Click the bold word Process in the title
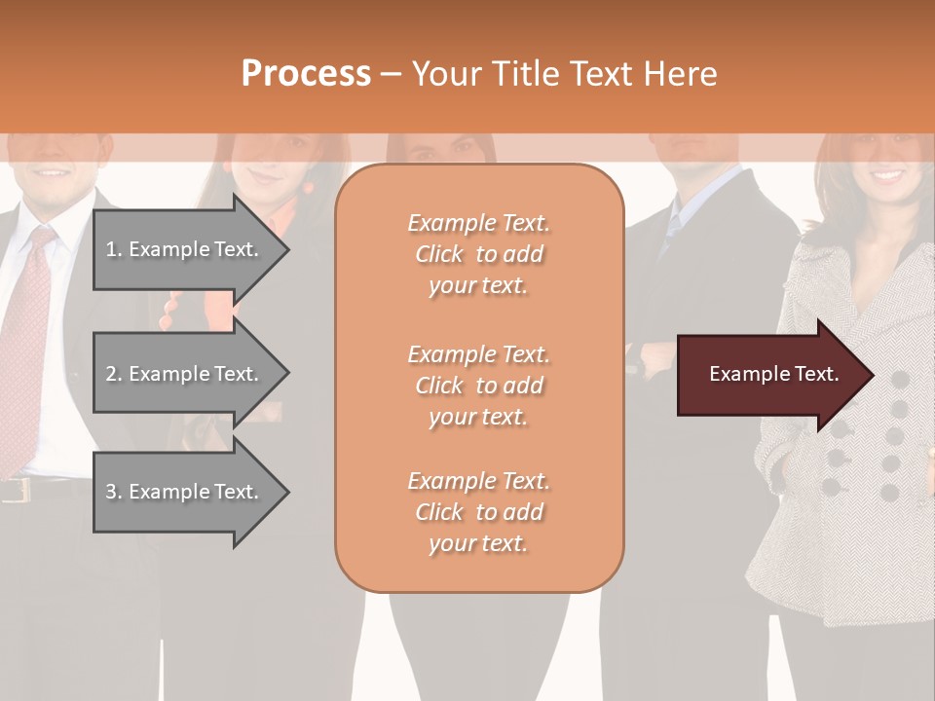[306, 74]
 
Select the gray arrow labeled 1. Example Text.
[185, 249]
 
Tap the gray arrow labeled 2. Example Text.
[185, 374]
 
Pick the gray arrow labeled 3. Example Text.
[185, 492]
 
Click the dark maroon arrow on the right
[769, 374]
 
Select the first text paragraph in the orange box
[478, 254]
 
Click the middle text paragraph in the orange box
[478, 386]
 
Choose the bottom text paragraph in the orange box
[478, 512]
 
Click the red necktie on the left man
[29, 321]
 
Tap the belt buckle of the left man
[14, 490]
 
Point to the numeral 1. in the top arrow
[114, 249]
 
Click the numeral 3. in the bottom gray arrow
[114, 492]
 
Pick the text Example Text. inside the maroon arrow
[773, 374]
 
